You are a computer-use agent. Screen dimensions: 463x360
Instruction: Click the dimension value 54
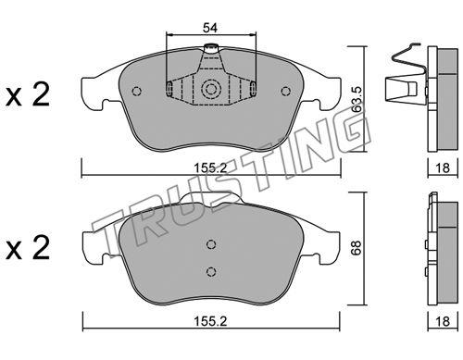(x=210, y=28)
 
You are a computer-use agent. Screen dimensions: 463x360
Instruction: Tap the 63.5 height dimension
(x=357, y=99)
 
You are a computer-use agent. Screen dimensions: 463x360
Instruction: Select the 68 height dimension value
(x=357, y=248)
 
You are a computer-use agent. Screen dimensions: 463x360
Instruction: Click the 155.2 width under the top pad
(x=210, y=168)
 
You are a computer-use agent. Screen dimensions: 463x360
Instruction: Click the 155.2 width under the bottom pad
(x=210, y=321)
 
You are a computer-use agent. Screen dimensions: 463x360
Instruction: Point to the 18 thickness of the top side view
(x=443, y=168)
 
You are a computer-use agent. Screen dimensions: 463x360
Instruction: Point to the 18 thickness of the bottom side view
(x=443, y=321)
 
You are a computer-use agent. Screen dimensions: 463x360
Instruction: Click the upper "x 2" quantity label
(x=27, y=95)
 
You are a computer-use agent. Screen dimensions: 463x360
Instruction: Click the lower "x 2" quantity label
(x=27, y=248)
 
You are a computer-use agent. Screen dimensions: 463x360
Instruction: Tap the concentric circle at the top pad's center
(x=211, y=89)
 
